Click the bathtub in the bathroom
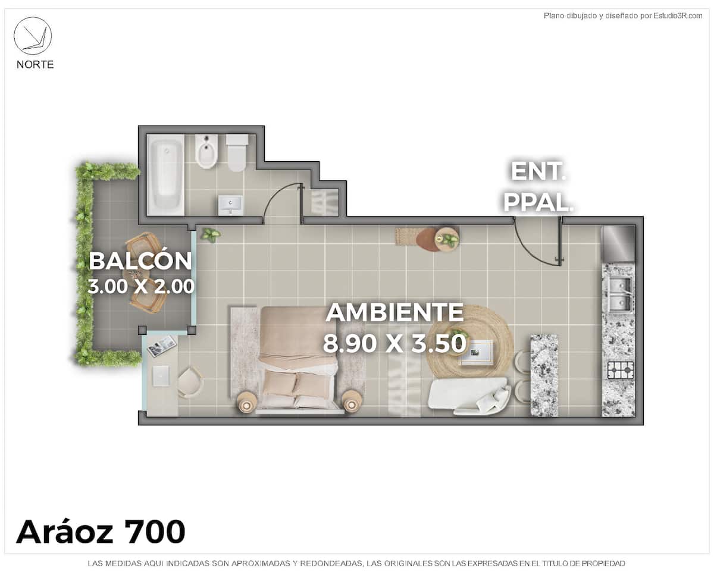pyautogui.click(x=165, y=174)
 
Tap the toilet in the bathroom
pyautogui.click(x=237, y=153)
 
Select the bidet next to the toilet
pyautogui.click(x=206, y=151)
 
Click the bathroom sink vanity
pyautogui.click(x=230, y=205)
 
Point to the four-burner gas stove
pyautogui.click(x=621, y=371)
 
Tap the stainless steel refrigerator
pyautogui.click(x=618, y=244)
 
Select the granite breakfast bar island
pyautogui.click(x=544, y=375)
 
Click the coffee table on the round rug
pyautogui.click(x=476, y=352)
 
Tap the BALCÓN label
pyautogui.click(x=140, y=261)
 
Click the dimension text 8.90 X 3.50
pyautogui.click(x=394, y=343)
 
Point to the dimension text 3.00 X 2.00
pyautogui.click(x=140, y=286)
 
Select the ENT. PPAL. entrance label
pyautogui.click(x=538, y=186)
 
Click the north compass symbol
pyautogui.click(x=33, y=36)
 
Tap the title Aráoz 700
pyautogui.click(x=101, y=532)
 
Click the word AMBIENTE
pyautogui.click(x=394, y=312)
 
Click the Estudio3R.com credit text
pyautogui.click(x=678, y=15)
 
